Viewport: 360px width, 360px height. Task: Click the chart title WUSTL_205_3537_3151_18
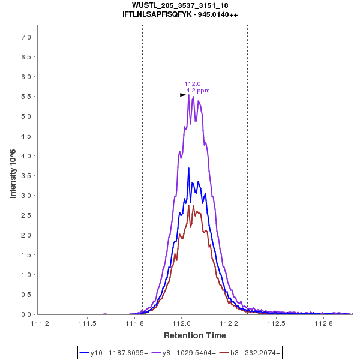pos(180,5)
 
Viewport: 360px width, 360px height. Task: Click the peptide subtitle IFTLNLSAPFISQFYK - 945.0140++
pos(180,14)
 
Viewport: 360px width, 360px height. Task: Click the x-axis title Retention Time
pos(194,335)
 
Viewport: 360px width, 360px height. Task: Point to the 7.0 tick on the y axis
pos(26,37)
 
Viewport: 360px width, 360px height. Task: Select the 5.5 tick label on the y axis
pos(26,97)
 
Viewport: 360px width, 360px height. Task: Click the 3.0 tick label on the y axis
pos(26,196)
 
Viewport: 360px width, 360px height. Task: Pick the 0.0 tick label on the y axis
pos(26,314)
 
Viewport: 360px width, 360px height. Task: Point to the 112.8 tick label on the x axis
pos(324,324)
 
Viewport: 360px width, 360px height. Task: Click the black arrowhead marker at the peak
pos(183,95)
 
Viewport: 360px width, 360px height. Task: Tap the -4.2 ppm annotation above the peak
pos(197,91)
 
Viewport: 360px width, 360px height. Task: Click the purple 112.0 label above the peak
pos(193,84)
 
